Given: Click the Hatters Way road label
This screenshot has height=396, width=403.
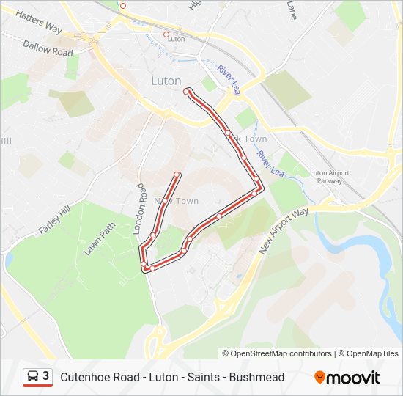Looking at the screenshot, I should (x=38, y=21).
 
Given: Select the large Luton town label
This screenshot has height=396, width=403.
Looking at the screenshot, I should (x=166, y=81).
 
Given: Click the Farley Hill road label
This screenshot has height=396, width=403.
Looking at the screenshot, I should (x=53, y=220).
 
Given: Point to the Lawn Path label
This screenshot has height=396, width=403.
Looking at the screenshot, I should (x=100, y=239).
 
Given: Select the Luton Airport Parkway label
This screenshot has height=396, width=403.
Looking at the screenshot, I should (x=330, y=177).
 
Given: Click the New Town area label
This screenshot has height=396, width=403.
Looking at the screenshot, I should (x=176, y=201).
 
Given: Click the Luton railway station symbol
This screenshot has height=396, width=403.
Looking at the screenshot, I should (x=166, y=34).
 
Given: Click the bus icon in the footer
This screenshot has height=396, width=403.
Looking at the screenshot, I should (x=33, y=377).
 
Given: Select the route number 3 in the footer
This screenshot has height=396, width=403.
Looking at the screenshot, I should (x=46, y=376).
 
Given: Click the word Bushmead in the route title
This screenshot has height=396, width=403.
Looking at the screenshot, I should (x=256, y=378).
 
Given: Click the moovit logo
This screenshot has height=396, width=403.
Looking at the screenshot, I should (x=347, y=378).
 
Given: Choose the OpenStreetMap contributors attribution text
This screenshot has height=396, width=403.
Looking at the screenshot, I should (x=276, y=353).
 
